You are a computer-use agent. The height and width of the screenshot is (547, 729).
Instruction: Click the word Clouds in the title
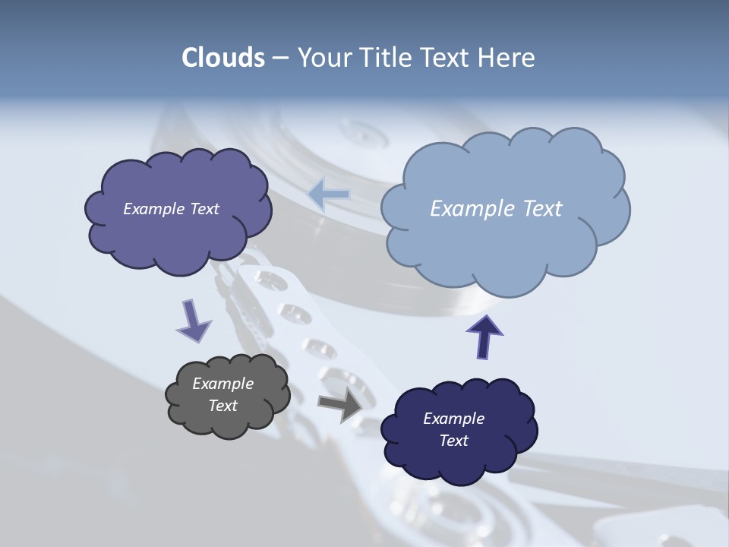[223, 58]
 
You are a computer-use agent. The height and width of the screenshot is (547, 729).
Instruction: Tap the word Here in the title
[507, 58]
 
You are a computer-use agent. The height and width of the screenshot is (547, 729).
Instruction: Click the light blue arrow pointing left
[329, 194]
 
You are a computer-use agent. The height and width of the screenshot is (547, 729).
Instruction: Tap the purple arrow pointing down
[193, 321]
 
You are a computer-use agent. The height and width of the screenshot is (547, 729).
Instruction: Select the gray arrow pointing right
[340, 406]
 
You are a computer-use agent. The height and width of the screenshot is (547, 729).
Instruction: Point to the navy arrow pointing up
[484, 336]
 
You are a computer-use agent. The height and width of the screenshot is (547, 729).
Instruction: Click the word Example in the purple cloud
[154, 209]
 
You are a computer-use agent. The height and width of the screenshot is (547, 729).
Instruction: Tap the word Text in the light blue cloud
[538, 209]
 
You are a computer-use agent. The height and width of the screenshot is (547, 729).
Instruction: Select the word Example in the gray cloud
[222, 384]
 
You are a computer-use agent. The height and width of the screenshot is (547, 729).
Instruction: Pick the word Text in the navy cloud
[453, 441]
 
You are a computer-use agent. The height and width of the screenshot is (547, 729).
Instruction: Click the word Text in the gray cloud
[222, 406]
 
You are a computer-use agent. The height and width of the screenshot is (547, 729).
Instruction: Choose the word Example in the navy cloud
[453, 419]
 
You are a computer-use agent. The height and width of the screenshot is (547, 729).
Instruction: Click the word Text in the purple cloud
[204, 209]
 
